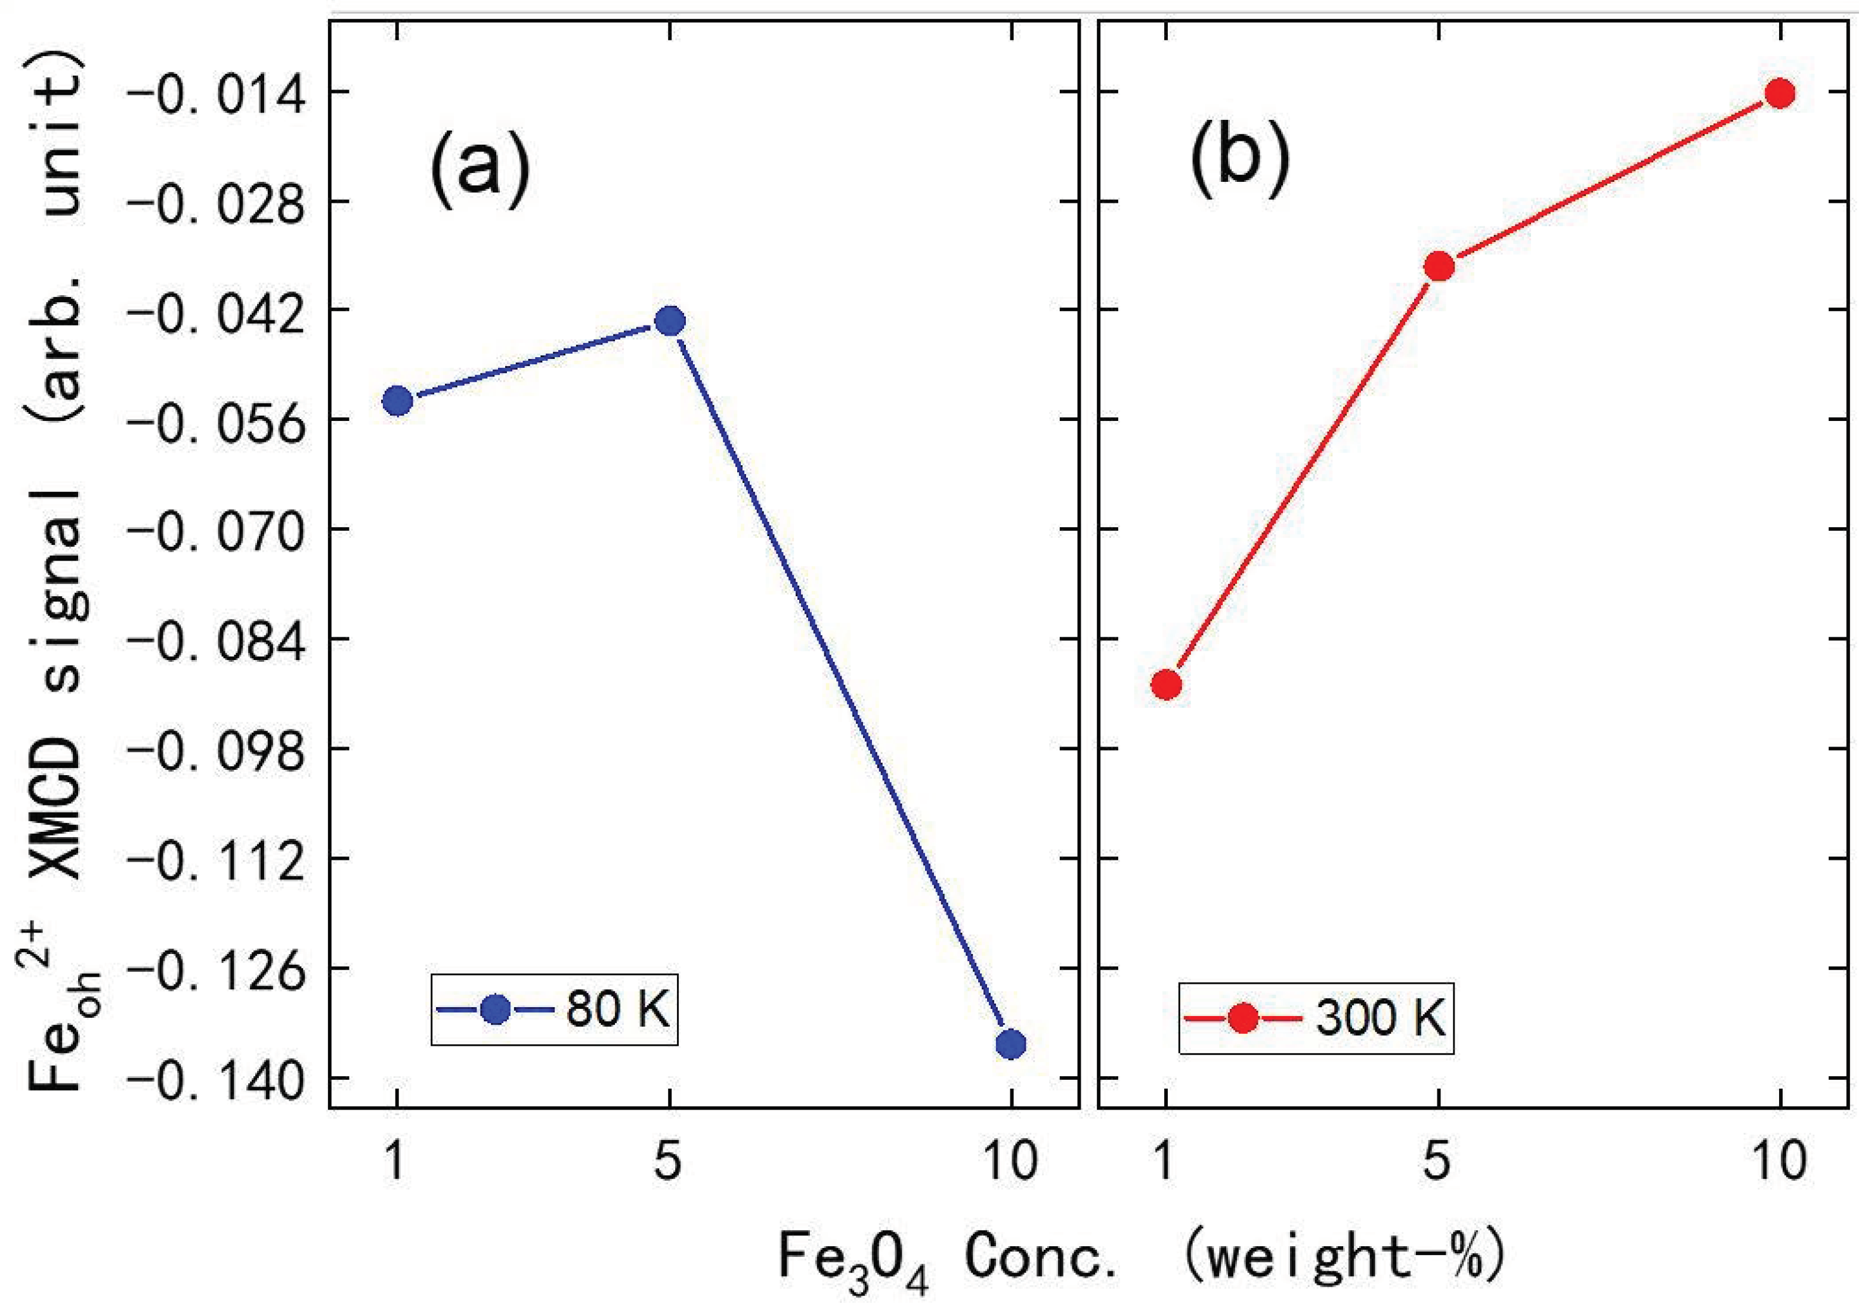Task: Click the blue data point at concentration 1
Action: (x=397, y=401)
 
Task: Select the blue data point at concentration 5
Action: (x=670, y=321)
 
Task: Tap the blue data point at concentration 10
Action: (x=1010, y=1044)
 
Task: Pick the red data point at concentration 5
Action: (x=1439, y=267)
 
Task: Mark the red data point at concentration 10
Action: (x=1780, y=93)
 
